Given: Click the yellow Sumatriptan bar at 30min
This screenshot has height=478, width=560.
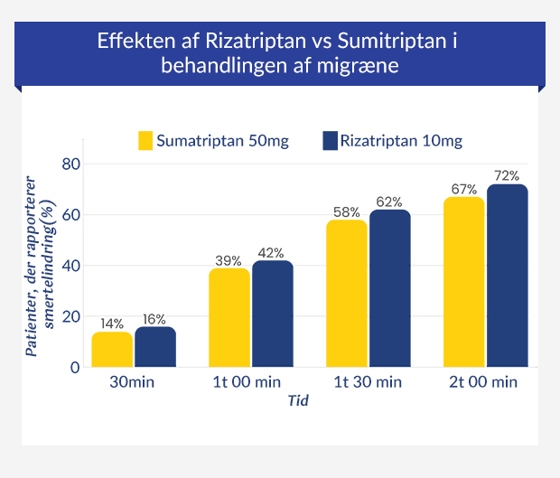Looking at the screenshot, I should point(113,350).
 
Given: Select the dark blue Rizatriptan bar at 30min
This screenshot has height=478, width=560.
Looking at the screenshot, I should point(155,347).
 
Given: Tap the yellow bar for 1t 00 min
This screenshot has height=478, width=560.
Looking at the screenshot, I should point(229,318).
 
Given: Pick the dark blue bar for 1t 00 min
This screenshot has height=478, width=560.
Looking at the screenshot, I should point(272,314).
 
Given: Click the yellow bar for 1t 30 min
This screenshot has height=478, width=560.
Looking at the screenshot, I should point(347,294).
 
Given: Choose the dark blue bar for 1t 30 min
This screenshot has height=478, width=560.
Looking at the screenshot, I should point(389,288).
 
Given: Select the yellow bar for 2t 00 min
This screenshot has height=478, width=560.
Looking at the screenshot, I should point(464,282).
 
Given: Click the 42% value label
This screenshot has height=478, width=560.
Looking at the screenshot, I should point(272,252).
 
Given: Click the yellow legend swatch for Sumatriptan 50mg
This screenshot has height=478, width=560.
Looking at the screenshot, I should point(145,141).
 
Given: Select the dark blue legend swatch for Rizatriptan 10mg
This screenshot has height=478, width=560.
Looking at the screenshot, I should point(329,141).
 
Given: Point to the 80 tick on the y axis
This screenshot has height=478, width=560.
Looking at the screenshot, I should point(71,164).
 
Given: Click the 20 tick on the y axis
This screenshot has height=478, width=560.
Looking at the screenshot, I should point(71,317).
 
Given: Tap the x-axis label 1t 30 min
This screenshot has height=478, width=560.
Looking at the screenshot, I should point(369,382).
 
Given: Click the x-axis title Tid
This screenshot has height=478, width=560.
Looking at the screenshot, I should point(298,401).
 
